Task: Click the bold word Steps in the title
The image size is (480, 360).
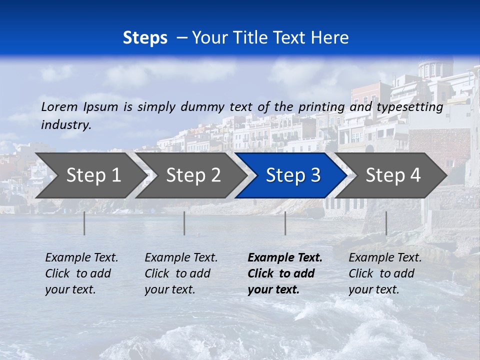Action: click(145, 38)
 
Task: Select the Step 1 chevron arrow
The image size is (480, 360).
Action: click(90, 175)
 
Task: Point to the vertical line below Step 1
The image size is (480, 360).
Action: click(84, 223)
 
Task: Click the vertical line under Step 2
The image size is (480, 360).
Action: click(184, 223)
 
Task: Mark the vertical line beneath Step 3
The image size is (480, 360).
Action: click(285, 223)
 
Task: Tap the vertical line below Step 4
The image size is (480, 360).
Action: click(386, 223)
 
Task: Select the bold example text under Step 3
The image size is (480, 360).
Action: click(284, 273)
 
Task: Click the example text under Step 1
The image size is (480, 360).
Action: click(81, 273)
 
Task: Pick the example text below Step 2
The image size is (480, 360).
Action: click(181, 273)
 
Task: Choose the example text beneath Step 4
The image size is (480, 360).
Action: click(385, 273)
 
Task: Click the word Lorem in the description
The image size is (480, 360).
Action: click(59, 106)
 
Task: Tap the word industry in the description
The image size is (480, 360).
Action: click(66, 125)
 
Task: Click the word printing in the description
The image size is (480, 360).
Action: click(321, 107)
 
